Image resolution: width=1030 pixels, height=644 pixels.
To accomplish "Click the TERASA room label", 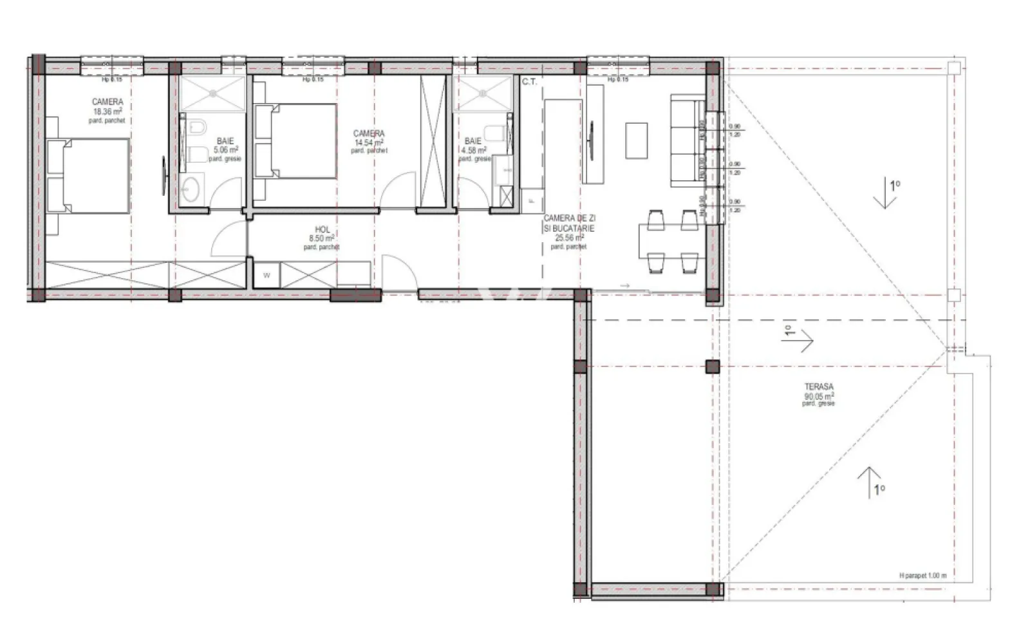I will click(818, 387).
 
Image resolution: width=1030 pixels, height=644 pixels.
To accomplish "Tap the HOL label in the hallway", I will click(323, 230).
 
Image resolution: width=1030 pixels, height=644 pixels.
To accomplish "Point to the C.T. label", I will click(529, 82).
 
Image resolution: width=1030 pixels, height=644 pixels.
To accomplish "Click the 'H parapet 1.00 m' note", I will click(922, 576).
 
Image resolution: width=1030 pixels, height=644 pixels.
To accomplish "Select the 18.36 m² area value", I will click(108, 111).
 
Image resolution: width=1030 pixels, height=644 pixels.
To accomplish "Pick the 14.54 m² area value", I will click(369, 142).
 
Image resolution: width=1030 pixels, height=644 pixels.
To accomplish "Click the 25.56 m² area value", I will click(568, 237).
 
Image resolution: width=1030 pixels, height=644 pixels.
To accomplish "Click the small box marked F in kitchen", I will click(532, 200).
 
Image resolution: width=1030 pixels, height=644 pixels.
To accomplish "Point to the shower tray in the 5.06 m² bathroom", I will click(213, 93).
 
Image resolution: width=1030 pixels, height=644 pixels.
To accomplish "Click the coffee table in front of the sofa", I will click(637, 140).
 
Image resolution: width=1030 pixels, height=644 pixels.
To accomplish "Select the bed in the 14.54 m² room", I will click(297, 141).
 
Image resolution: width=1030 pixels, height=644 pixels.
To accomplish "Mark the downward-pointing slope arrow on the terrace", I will click(885, 195).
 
